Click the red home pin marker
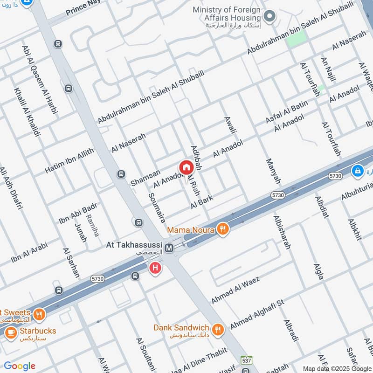(x=186, y=167)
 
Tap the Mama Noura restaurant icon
(x=223, y=229)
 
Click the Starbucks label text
(x=32, y=331)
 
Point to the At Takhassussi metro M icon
(x=169, y=248)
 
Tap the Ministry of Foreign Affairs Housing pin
(x=269, y=17)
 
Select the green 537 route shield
(x=246, y=360)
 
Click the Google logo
(x=19, y=366)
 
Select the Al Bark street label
(x=202, y=202)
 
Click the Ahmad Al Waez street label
(x=235, y=289)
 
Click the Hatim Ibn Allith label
(x=69, y=160)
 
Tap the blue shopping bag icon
(x=357, y=171)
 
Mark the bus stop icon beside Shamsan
(x=121, y=174)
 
